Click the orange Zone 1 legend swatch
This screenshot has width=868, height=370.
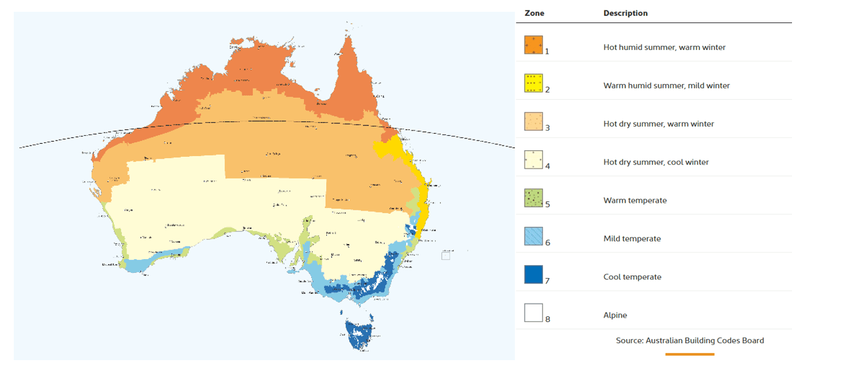tap(533, 45)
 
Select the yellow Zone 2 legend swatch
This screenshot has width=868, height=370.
tap(533, 83)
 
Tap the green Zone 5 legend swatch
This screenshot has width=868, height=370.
tap(533, 197)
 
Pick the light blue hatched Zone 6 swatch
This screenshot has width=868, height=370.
tap(533, 236)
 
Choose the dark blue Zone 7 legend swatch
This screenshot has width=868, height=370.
tap(533, 274)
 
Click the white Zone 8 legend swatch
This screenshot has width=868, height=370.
tap(533, 312)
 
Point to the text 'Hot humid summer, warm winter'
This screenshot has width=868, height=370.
tap(664, 47)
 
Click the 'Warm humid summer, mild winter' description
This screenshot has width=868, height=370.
tap(666, 85)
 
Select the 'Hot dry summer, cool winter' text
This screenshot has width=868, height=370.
tap(656, 162)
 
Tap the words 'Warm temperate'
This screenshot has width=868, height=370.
tap(635, 200)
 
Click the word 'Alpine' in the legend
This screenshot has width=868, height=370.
tap(615, 315)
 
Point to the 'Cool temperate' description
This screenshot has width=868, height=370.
tap(632, 277)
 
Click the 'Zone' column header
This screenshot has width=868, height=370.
tap(534, 13)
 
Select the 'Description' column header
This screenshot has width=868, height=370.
tap(625, 13)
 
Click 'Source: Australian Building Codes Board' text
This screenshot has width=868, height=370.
tap(689, 340)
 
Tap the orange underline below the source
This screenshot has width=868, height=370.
tap(689, 354)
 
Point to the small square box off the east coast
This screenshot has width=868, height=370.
tap(445, 256)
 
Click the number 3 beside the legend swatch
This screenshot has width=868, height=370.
tap(548, 128)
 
